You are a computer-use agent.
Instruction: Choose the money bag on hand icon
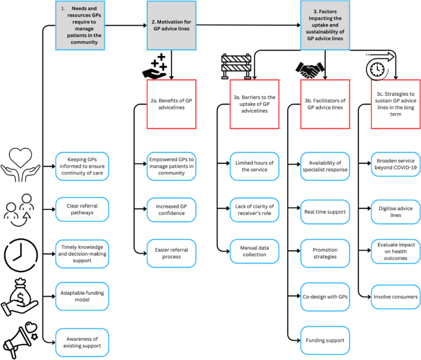[24, 294]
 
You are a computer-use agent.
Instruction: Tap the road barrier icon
[234, 67]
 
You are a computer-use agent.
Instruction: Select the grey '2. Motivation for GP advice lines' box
[171, 25]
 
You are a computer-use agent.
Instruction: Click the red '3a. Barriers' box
[253, 104]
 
